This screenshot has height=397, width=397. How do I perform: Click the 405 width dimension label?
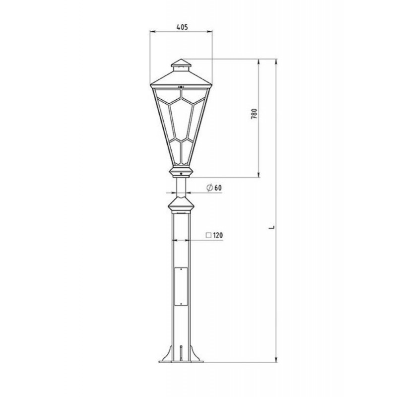click(x=182, y=27)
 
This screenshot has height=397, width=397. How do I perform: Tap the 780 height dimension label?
click(x=254, y=114)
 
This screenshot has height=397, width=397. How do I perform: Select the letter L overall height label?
click(x=272, y=227)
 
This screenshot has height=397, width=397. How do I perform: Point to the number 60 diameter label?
click(x=218, y=188)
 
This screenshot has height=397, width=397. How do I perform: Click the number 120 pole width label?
click(x=218, y=235)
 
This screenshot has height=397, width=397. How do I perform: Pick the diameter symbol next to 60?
click(x=209, y=188)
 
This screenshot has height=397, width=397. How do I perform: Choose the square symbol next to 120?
click(x=208, y=235)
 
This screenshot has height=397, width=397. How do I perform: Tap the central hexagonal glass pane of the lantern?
click(x=181, y=120)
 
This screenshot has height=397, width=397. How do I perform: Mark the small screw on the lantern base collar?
click(x=181, y=174)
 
